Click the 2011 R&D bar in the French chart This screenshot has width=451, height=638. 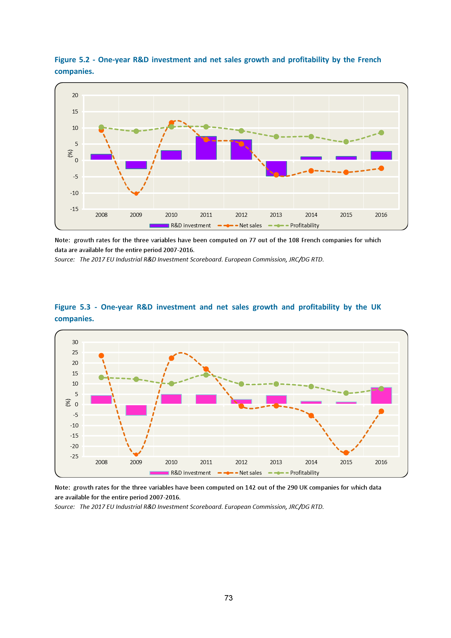pyautogui.click(x=206, y=148)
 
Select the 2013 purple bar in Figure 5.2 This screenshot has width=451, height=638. pyautogui.click(x=276, y=168)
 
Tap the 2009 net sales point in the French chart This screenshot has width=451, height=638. pyautogui.click(x=136, y=194)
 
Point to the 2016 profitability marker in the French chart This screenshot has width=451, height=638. pyautogui.click(x=381, y=133)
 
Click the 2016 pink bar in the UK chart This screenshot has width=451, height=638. pyautogui.click(x=381, y=396)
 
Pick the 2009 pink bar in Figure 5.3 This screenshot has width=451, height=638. pyautogui.click(x=136, y=410)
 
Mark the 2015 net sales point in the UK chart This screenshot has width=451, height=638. pyautogui.click(x=346, y=452)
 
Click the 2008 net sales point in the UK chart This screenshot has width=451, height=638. pyautogui.click(x=101, y=356)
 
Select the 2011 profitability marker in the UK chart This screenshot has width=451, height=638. pyautogui.click(x=206, y=375)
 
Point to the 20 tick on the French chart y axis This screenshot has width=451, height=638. pyautogui.click(x=75, y=95)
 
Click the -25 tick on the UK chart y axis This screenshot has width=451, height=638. pyautogui.click(x=74, y=456)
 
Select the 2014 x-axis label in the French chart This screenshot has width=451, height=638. pyautogui.click(x=311, y=215)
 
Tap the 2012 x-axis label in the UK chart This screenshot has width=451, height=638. pyautogui.click(x=241, y=462)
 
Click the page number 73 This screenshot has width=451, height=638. pyautogui.click(x=228, y=598)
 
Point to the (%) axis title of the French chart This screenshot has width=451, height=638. pyautogui.click(x=70, y=153)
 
